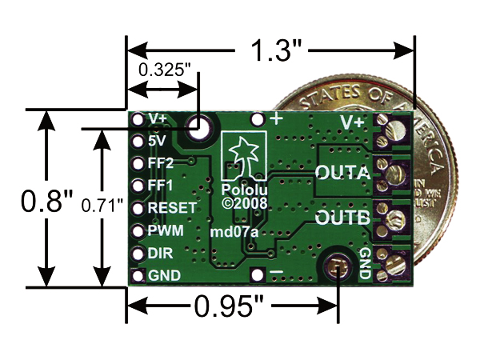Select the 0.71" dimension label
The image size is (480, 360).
click(102, 206)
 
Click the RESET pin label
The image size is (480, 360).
click(172, 207)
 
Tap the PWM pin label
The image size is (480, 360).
click(166, 230)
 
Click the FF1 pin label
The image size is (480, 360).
click(161, 185)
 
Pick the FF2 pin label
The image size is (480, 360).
click(162, 162)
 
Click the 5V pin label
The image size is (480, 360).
click(157, 139)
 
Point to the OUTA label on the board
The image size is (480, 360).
click(343, 173)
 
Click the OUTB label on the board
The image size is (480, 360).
click(342, 218)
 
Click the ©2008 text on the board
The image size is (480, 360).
click(244, 204)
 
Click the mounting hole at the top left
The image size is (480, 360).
click(198, 126)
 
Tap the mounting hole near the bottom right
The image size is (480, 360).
click(338, 266)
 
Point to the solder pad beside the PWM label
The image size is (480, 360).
click(137, 230)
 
